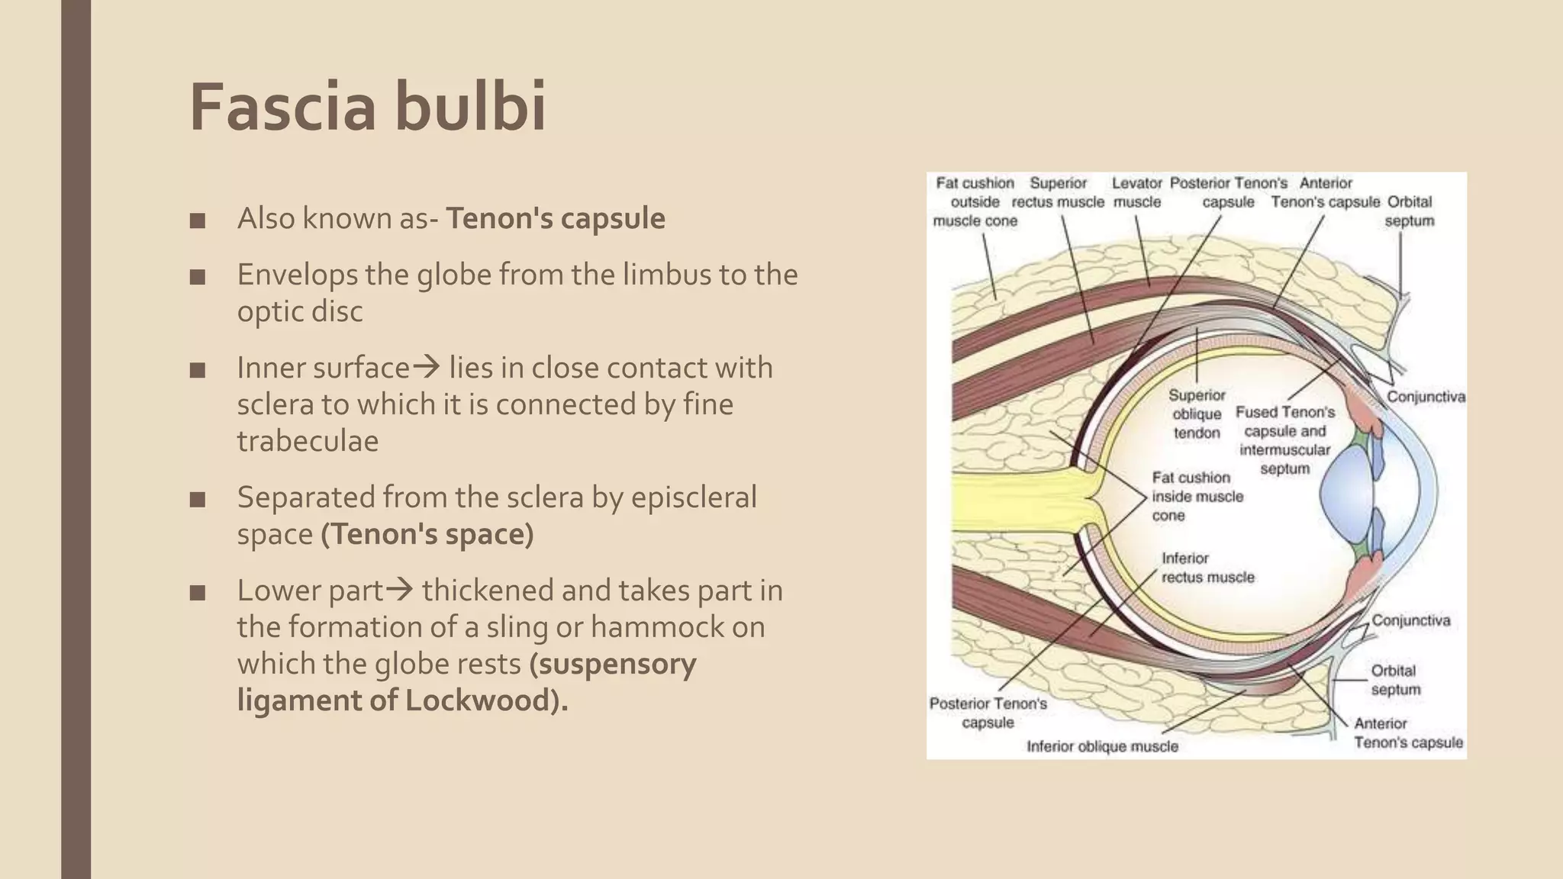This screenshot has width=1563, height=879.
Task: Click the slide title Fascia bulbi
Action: coord(367,107)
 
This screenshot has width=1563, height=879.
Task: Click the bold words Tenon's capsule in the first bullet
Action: coord(555,218)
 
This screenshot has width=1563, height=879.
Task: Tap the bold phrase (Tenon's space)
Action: coord(427,534)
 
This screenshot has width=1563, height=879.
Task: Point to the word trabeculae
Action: coord(308,441)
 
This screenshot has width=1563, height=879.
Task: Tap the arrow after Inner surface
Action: coord(426,368)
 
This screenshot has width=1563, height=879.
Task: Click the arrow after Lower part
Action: coord(399,591)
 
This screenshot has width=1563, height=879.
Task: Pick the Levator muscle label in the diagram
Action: coord(1136,192)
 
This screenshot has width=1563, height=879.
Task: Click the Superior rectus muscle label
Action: coord(1058,192)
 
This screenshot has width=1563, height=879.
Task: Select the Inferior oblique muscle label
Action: coord(1102,746)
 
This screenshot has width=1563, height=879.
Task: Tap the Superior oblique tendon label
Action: coord(1196,414)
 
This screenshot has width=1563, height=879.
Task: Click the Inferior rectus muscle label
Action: coord(1207,568)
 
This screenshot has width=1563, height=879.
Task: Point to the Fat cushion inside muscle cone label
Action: coord(1197,496)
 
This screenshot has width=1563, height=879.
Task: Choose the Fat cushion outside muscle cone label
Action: coord(975,201)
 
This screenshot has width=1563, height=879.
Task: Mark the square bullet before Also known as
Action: coord(198,221)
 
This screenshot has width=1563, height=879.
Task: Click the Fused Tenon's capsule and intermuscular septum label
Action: coord(1285,440)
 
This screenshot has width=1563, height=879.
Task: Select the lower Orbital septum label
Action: coord(1394,680)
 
